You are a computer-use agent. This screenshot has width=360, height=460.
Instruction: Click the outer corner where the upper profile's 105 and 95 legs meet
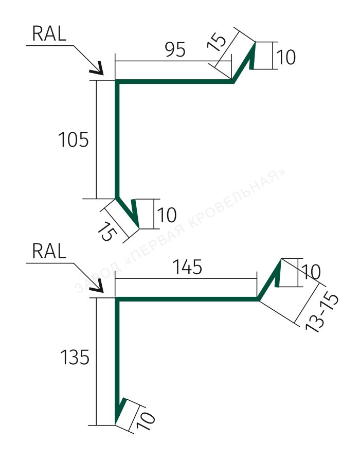116,80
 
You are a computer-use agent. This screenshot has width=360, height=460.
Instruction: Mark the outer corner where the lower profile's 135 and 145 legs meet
116,297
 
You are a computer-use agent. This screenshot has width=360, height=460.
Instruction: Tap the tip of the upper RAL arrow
103,75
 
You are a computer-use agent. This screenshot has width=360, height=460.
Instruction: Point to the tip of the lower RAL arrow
103,292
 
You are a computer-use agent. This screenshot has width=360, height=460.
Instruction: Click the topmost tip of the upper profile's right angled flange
255,43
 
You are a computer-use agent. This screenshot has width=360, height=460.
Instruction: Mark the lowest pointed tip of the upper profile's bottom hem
138,228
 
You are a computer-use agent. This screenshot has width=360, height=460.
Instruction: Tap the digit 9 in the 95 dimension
170,49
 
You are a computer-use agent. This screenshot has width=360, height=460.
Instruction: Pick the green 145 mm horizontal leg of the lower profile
187,299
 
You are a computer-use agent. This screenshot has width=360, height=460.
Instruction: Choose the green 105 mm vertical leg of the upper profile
117,139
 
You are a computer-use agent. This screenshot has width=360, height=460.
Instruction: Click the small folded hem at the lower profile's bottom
120,411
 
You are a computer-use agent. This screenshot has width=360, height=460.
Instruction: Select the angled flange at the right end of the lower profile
269,279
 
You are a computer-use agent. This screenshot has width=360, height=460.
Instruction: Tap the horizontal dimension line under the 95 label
173,61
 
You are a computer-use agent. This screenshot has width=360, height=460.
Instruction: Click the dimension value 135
75,357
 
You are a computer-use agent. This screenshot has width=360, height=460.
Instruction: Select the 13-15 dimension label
321,313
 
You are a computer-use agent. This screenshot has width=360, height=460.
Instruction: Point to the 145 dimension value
187,267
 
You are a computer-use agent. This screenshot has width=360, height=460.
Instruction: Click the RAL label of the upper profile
49,33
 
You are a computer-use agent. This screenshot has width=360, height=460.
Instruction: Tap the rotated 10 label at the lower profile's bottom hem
146,421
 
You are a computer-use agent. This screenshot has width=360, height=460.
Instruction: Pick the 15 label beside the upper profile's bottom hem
107,232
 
